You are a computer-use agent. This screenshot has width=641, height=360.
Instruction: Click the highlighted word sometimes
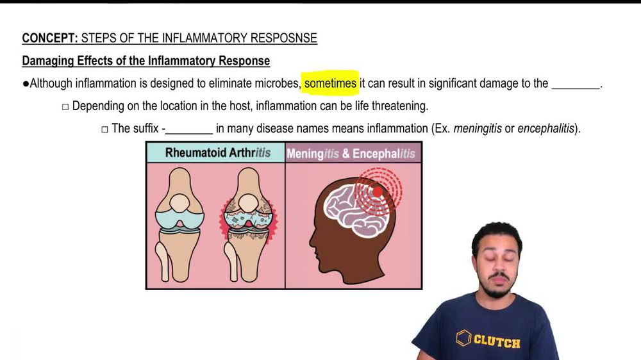tap(330, 83)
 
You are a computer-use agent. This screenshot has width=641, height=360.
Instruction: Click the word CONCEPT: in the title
tap(50, 38)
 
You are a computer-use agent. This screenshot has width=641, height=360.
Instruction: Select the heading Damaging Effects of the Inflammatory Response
tap(146, 61)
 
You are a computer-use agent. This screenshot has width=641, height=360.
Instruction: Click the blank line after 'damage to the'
tap(575, 85)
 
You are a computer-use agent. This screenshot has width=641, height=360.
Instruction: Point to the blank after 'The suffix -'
tap(189, 129)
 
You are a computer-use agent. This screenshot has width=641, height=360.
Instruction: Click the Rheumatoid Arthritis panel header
tap(217, 153)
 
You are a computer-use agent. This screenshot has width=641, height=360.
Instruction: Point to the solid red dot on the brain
tap(378, 191)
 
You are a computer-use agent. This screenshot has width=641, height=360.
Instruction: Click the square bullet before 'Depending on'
tap(65, 106)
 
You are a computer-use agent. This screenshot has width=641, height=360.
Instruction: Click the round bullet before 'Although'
tap(26, 84)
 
